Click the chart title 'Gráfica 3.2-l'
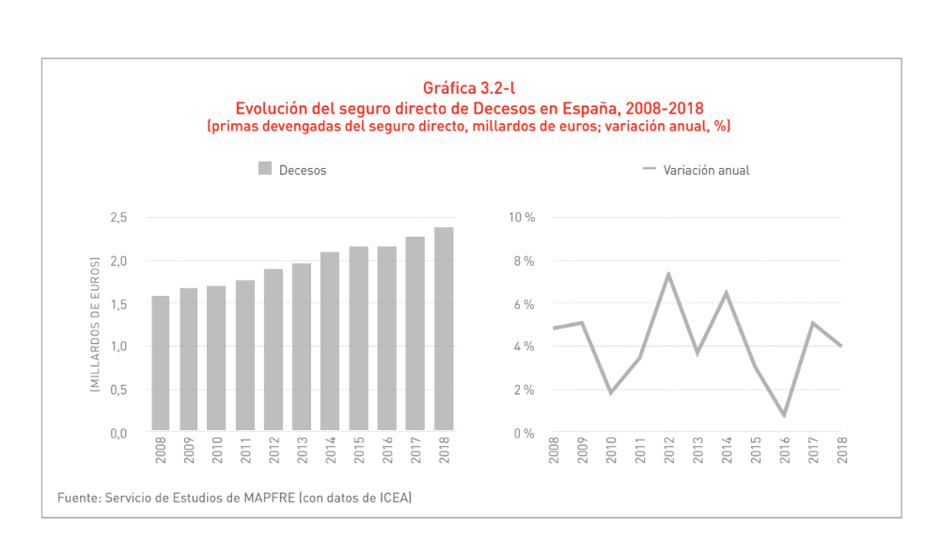tap(469, 89)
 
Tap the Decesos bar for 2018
tap(444, 329)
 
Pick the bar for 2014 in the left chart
tap(330, 342)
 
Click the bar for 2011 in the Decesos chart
tap(245, 356)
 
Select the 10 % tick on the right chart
tap(522, 218)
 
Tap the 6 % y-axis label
tap(524, 304)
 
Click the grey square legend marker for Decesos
tap(265, 170)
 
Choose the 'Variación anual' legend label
tap(706, 171)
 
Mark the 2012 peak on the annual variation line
tap(669, 273)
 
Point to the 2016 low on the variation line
tap(783, 415)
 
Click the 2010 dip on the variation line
tap(612, 393)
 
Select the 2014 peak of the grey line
tap(727, 292)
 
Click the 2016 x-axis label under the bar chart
tap(387, 453)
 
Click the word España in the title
tap(602, 107)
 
